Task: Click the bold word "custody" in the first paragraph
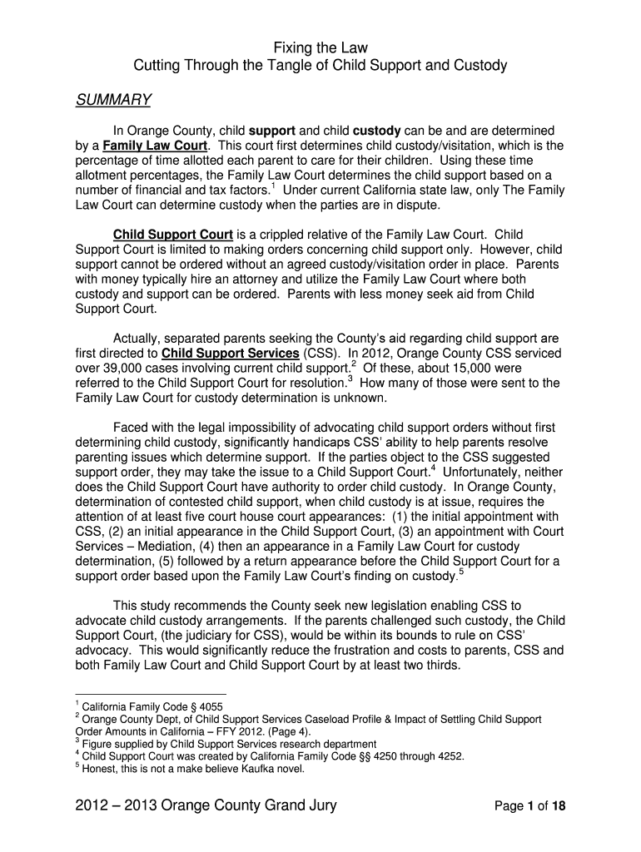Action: pyautogui.click(x=378, y=131)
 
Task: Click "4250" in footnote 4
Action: pyautogui.click(x=378, y=756)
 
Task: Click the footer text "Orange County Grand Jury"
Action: pyautogui.click(x=232, y=805)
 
